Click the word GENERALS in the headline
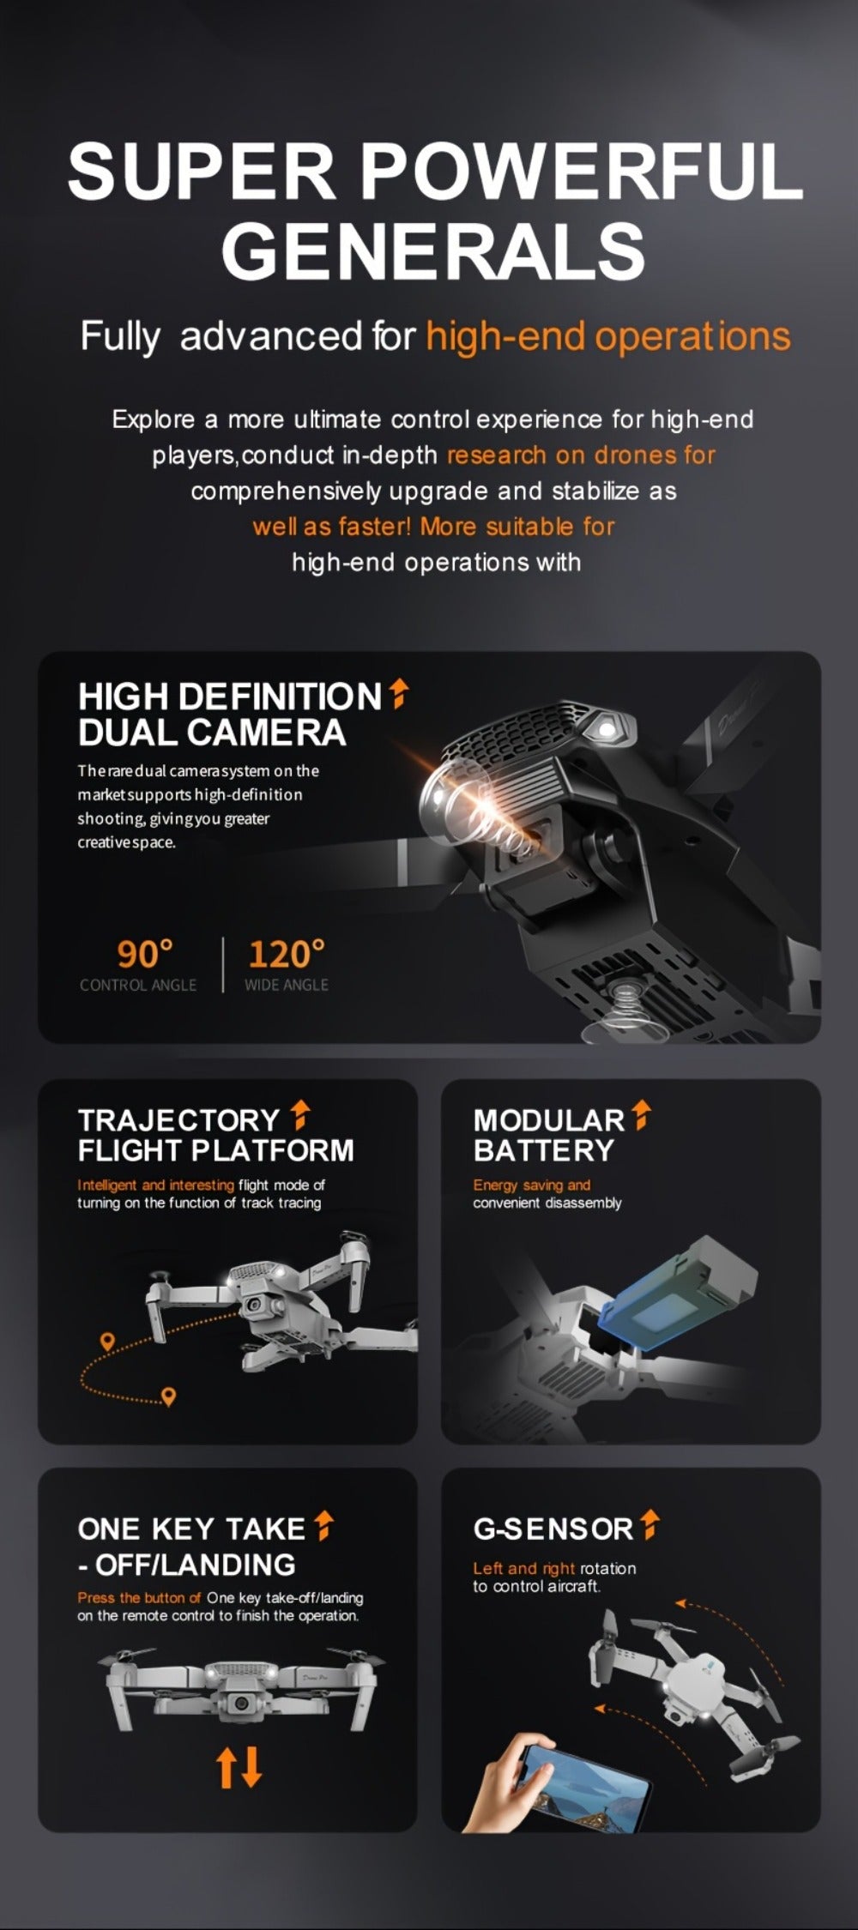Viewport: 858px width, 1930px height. tap(433, 250)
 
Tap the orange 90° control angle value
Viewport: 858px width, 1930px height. tap(145, 953)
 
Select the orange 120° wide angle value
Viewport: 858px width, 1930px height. tap(287, 953)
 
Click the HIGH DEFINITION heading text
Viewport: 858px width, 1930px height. tap(229, 697)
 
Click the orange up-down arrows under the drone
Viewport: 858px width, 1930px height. tap(239, 1766)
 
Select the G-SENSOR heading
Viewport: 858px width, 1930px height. tap(553, 1528)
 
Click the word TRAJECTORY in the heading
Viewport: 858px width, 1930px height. tap(178, 1119)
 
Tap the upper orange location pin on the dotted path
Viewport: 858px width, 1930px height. tap(107, 1342)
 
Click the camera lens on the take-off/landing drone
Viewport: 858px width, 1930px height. tap(244, 1703)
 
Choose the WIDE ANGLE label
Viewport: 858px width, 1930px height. tap(287, 985)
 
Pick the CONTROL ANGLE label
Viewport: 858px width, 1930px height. tap(138, 985)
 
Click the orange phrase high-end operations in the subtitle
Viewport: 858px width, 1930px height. tap(607, 336)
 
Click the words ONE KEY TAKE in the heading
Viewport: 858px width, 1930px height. tap(191, 1529)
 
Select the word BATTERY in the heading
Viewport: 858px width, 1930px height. tap(544, 1150)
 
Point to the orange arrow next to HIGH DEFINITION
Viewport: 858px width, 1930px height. tap(398, 694)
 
